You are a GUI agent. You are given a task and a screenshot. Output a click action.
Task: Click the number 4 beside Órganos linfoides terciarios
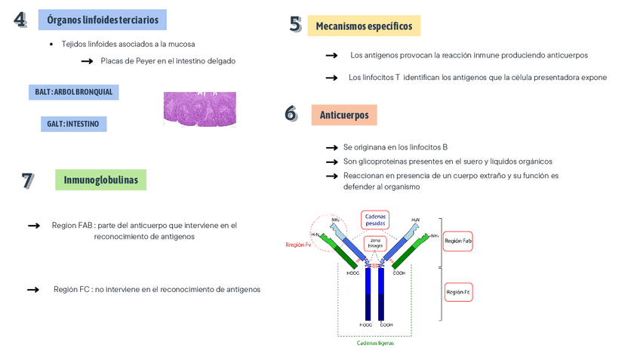tap(20, 20)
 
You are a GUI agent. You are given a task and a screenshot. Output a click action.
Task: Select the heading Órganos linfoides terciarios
tap(103, 20)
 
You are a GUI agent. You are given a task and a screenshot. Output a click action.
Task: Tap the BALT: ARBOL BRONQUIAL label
tap(74, 92)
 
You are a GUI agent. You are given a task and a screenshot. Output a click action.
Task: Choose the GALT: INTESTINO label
tap(73, 124)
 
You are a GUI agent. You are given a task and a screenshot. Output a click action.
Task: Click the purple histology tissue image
tap(199, 108)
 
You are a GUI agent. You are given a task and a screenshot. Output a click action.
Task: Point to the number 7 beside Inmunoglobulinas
tap(27, 180)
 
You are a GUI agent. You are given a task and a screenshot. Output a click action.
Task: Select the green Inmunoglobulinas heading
tap(100, 180)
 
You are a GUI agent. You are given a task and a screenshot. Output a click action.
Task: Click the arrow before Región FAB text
tap(33, 226)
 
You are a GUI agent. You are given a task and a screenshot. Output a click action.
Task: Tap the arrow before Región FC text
tap(33, 289)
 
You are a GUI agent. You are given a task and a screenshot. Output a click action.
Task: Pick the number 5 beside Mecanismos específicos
tap(295, 25)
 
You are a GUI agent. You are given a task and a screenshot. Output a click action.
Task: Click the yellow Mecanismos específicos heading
tap(364, 26)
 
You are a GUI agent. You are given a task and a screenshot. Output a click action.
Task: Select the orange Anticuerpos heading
tap(344, 115)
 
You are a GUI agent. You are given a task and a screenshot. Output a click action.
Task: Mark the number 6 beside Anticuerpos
tap(291, 114)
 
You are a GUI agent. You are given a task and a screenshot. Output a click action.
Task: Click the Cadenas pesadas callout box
tap(375, 220)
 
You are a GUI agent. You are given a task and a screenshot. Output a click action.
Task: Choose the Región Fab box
tap(458, 242)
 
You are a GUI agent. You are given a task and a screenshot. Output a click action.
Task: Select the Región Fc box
tap(458, 291)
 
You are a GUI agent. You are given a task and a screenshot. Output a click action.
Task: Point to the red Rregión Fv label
tap(299, 245)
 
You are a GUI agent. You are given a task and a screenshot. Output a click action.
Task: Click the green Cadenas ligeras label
tap(375, 343)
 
